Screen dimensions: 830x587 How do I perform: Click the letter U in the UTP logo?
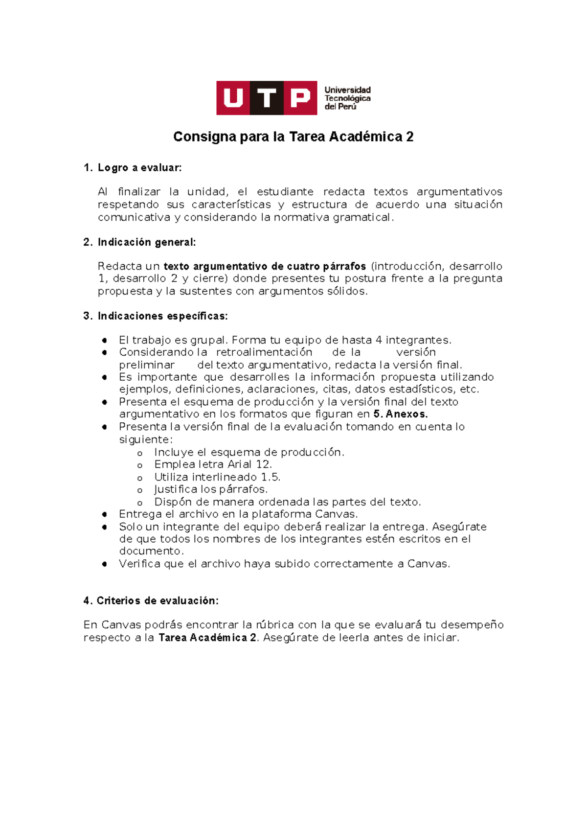click(233, 98)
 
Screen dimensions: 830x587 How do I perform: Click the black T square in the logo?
click(267, 98)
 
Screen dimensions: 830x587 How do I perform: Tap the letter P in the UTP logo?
click(300, 98)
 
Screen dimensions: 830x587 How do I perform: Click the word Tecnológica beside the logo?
click(347, 98)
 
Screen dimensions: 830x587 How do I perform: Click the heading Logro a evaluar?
click(139, 168)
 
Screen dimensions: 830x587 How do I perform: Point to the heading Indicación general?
click(146, 242)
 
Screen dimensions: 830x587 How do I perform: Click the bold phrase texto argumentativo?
click(215, 267)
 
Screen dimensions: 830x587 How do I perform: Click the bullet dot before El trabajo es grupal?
click(105, 341)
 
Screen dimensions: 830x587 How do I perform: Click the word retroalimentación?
click(264, 352)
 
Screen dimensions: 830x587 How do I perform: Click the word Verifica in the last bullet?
click(139, 564)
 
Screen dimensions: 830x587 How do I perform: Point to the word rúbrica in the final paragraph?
click(274, 625)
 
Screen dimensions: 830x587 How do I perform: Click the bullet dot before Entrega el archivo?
click(105, 515)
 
